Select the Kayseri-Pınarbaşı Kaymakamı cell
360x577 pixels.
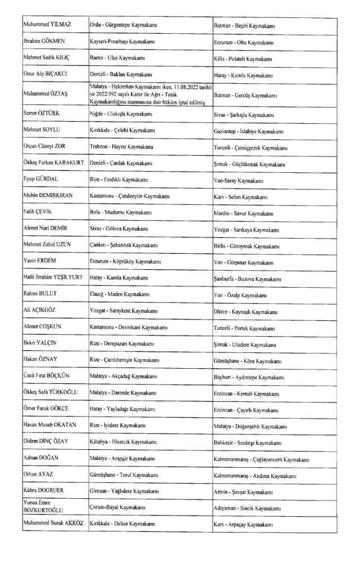click(123, 42)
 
